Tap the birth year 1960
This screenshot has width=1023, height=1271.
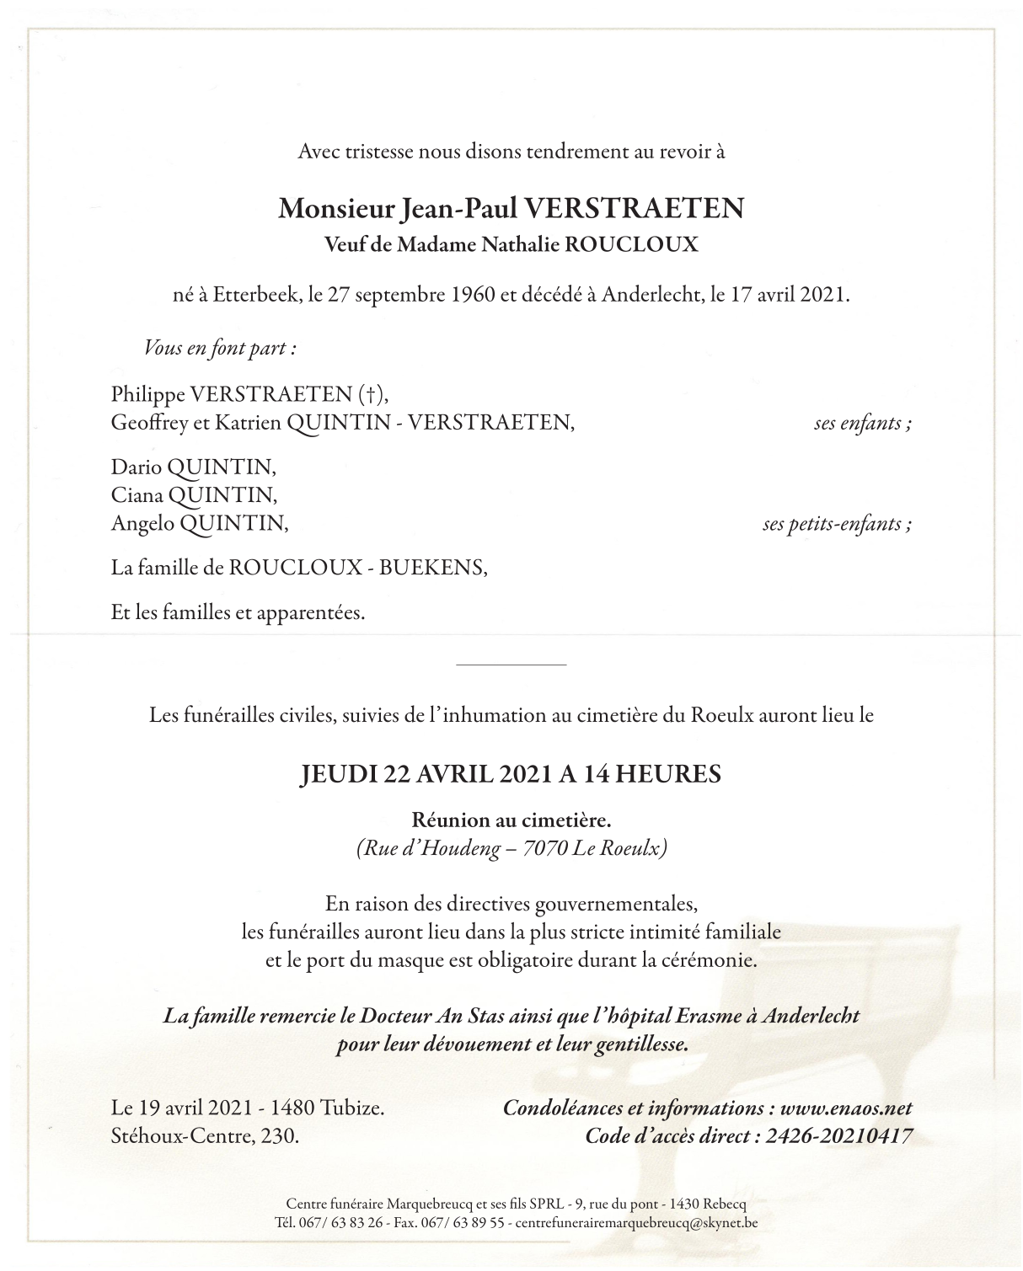point(474,296)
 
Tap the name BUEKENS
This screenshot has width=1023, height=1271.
point(433,569)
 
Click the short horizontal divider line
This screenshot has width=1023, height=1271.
point(511,665)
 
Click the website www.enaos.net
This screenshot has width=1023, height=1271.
point(846,1108)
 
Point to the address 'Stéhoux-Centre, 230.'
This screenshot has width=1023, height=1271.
point(205,1136)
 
